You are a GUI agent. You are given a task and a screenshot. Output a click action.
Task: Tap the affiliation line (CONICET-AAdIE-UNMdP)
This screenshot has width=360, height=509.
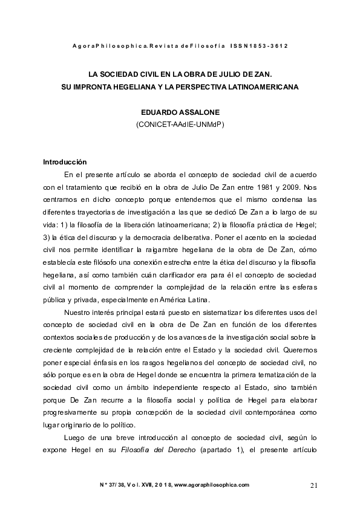click(180, 125)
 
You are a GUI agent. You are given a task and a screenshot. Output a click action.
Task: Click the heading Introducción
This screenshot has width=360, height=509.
click(65, 162)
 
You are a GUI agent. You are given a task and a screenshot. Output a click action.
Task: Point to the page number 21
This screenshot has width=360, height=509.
click(313, 485)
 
